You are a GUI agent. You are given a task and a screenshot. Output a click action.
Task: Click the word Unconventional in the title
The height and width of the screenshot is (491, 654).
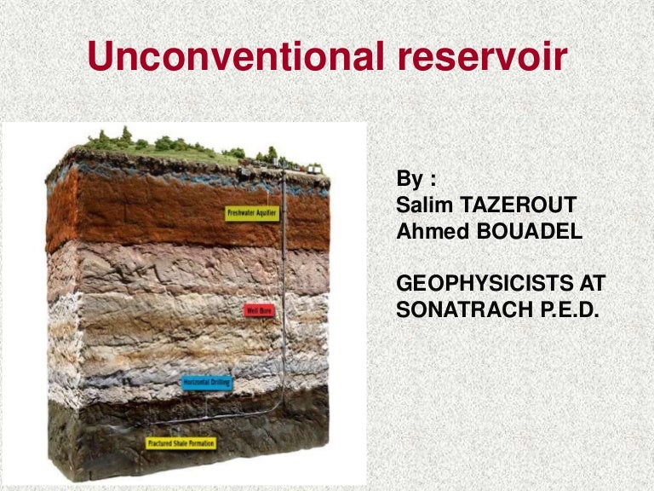click(232, 56)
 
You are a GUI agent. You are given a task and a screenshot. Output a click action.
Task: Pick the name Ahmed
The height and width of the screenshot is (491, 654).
click(430, 231)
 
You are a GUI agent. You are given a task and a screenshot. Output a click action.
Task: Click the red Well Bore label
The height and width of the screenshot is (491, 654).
click(260, 311)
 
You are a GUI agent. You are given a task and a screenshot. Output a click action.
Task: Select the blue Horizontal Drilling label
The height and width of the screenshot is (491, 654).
click(206, 383)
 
